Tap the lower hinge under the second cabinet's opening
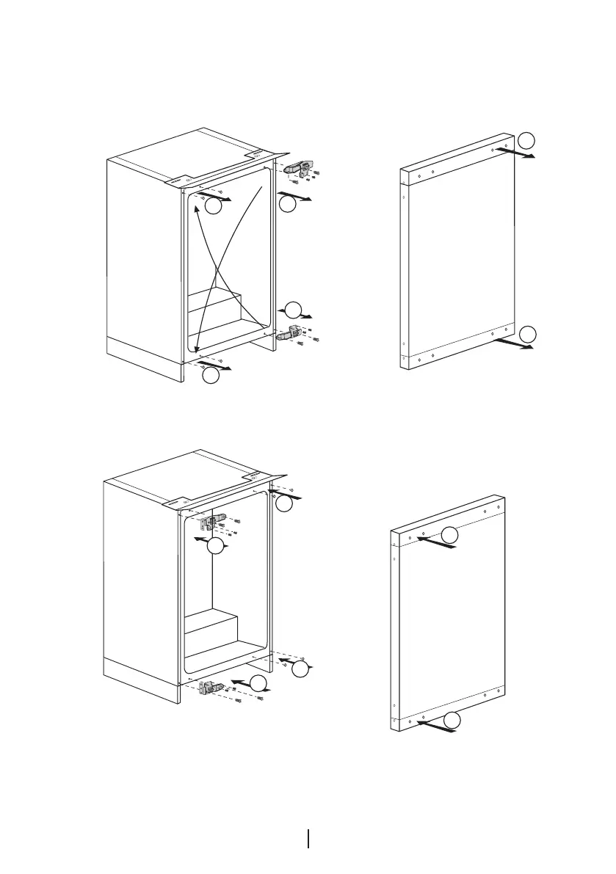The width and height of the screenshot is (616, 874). click(214, 688)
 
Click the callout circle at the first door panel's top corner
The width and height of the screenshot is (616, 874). click(526, 139)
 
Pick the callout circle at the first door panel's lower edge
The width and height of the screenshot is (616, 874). click(526, 335)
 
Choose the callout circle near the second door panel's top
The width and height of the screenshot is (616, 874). click(451, 535)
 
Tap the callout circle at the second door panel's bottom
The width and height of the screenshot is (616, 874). click(454, 720)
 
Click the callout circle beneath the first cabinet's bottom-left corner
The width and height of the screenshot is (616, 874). click(211, 376)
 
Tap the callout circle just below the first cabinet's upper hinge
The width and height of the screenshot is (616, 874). click(288, 204)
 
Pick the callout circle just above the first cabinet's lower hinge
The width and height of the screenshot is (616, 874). click(293, 309)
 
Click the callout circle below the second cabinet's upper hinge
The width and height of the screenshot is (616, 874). click(214, 547)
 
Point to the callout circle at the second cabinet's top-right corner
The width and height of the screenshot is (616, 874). click(284, 503)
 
